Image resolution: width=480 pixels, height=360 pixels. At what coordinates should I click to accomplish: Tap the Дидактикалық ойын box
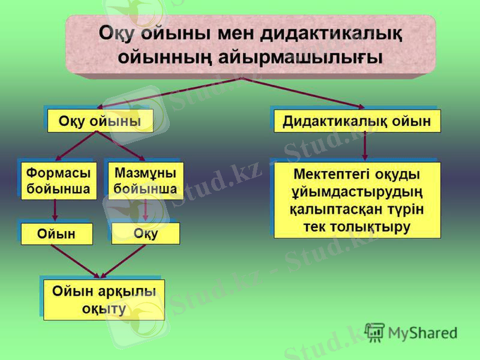point(357,121)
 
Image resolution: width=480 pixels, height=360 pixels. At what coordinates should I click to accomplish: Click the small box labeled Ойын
point(57,234)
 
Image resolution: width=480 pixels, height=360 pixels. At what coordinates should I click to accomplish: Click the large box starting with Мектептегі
point(357,200)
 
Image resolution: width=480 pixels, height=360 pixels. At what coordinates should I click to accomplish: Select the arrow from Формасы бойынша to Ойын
point(55,210)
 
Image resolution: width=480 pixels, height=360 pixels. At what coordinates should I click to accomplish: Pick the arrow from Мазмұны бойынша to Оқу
point(146,210)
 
